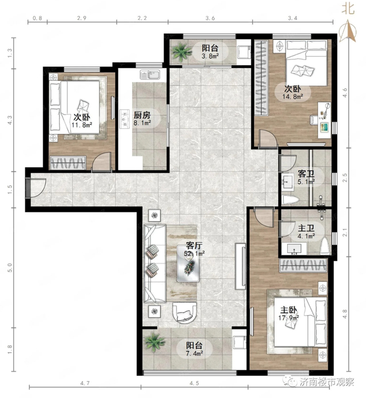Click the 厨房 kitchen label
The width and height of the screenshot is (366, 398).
coord(142,116)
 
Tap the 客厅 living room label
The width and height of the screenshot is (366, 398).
coord(194,246)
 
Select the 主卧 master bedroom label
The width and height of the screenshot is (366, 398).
coord(288,310)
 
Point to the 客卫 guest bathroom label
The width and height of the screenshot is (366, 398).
coord(306,174)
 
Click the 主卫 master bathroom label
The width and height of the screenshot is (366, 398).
coord(306,228)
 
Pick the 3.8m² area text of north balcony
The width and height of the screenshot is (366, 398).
coord(210,56)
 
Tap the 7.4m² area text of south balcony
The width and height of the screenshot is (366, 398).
coord(194,353)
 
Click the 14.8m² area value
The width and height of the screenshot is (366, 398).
coord(293,96)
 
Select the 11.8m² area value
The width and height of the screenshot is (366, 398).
coord(82,125)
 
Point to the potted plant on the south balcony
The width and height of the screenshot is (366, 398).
coord(154,342)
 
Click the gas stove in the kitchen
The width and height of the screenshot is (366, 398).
coord(125,119)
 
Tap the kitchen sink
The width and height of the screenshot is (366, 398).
coord(150,74)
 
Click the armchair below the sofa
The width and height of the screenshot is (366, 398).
coord(184,312)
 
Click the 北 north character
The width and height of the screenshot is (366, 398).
coord(348,9)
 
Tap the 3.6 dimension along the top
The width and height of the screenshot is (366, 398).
coord(210,18)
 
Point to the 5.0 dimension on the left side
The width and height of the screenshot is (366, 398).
coord(10,267)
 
